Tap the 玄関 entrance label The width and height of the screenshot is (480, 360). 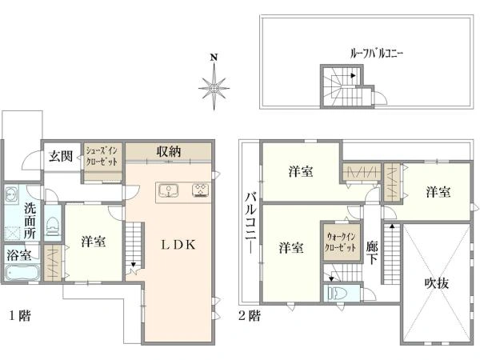(x=61, y=156)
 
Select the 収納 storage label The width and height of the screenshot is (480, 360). (x=169, y=151)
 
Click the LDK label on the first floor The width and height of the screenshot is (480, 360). (x=178, y=245)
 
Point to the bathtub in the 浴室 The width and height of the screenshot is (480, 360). (x=22, y=273)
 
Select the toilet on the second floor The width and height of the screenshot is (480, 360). (x=337, y=294)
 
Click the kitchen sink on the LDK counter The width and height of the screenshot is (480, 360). (x=168, y=190)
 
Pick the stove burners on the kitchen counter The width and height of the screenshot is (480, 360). (x=201, y=190)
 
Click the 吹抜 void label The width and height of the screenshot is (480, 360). (x=437, y=283)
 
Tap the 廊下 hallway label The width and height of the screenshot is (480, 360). (x=372, y=253)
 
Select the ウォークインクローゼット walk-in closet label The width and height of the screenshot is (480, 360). (x=341, y=242)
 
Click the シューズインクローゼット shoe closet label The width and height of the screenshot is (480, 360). (x=102, y=156)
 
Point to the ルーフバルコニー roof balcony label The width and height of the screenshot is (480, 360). (x=377, y=54)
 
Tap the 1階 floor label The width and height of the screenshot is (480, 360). (x=20, y=315)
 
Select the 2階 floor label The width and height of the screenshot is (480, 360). (x=250, y=315)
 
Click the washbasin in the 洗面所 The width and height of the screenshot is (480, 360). (x=11, y=194)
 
